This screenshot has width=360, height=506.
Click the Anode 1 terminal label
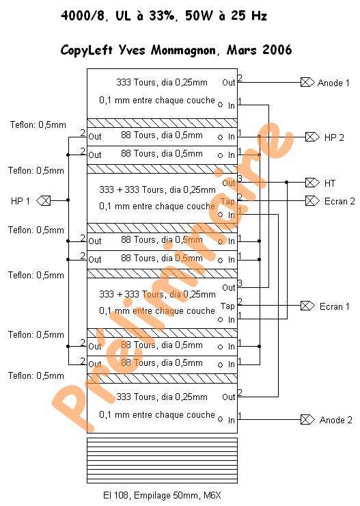pos(333,83)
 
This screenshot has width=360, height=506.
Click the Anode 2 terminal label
pos(335,420)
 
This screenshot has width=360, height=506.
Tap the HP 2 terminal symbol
pos(312,137)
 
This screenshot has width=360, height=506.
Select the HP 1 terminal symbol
pos(44,201)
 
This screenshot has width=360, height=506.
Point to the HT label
pos(330,183)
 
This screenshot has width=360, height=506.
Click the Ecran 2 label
pos(340,201)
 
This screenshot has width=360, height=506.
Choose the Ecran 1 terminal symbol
pos(307,306)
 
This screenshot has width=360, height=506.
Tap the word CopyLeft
pos(87,51)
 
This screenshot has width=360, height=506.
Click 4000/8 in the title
pos(83,16)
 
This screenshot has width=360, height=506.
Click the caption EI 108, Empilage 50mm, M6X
pos(162,495)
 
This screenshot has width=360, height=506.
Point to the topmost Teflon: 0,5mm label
pos(38,125)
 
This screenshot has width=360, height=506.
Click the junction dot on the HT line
pos(286,183)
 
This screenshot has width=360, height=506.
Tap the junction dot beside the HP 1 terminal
pos(68,200)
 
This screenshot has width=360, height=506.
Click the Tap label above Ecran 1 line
pos(227,306)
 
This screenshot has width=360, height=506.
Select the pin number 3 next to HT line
pos(240,178)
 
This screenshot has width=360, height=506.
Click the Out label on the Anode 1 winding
pos(229,83)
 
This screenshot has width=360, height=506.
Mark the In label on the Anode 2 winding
pos(232,420)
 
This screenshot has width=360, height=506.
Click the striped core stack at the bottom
pos(162,460)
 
